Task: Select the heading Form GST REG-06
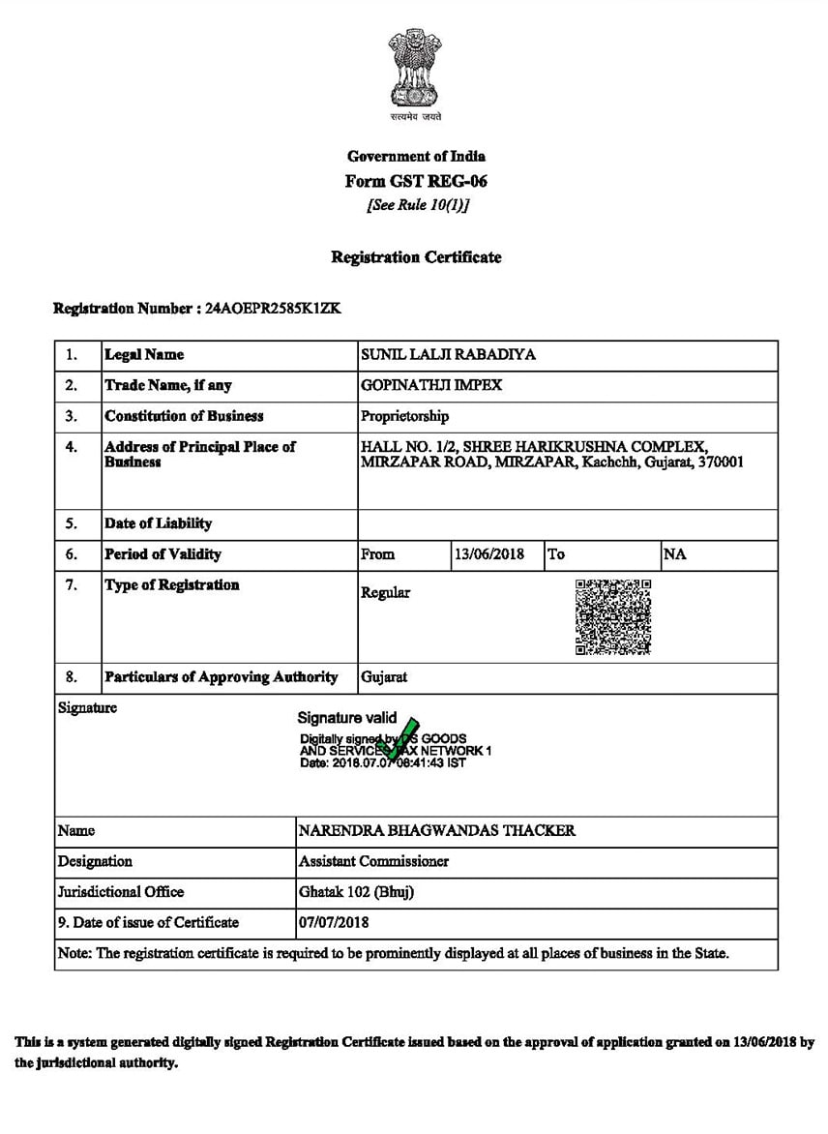click(x=416, y=181)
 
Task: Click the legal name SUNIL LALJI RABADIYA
click(x=448, y=355)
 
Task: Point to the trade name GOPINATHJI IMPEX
click(x=431, y=385)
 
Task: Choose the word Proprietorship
click(x=404, y=416)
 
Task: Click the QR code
click(x=613, y=617)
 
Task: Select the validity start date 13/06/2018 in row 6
click(x=489, y=554)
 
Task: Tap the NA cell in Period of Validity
click(x=675, y=554)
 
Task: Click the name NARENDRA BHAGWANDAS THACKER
click(x=437, y=830)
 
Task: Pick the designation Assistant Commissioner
click(x=373, y=861)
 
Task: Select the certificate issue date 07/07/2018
click(x=334, y=922)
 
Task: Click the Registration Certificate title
click(x=416, y=257)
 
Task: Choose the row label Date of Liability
click(x=158, y=523)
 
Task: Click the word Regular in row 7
click(x=385, y=592)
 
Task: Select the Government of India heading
click(x=416, y=156)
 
